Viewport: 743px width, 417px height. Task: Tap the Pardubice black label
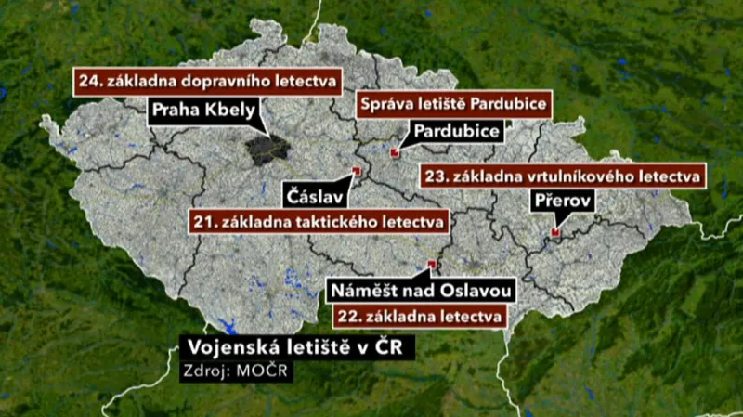pyautogui.click(x=457, y=131)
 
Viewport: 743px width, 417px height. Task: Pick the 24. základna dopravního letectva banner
pyautogui.click(x=207, y=80)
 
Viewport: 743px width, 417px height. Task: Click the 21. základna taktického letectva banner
pyautogui.click(x=319, y=221)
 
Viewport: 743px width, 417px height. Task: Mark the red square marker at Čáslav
pyautogui.click(x=357, y=171)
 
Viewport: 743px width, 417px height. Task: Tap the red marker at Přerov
pyautogui.click(x=554, y=232)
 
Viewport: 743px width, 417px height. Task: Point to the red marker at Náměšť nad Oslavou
pyautogui.click(x=431, y=265)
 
